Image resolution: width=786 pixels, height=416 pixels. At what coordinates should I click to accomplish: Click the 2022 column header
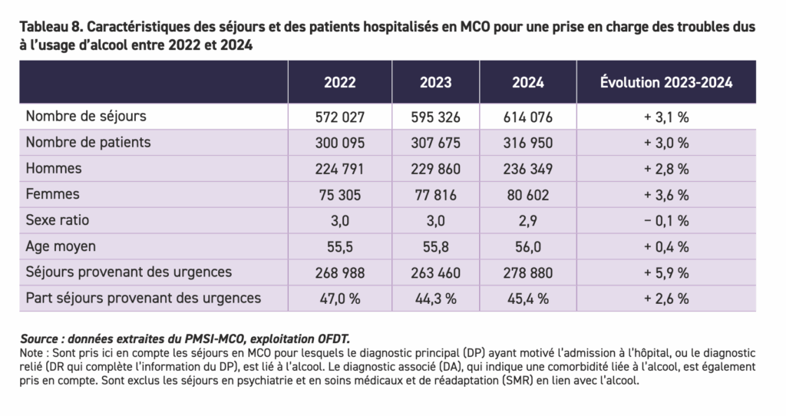click(339, 83)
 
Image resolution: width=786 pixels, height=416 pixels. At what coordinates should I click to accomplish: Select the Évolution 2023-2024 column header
click(665, 83)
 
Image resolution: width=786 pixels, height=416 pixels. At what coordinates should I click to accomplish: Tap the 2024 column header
click(528, 83)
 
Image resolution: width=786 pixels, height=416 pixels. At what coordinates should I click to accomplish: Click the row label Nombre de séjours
click(86, 117)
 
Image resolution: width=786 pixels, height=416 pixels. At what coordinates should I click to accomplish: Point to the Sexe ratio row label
click(58, 220)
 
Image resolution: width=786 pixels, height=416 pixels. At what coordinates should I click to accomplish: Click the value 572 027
click(339, 117)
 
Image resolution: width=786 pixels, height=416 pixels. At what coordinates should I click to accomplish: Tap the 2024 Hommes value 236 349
click(528, 169)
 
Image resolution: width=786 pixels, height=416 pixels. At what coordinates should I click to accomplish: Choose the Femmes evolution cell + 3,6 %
click(665, 195)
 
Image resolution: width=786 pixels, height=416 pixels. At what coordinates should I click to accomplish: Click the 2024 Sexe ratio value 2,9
click(528, 220)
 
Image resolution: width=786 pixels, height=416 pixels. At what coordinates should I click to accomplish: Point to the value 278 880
click(528, 272)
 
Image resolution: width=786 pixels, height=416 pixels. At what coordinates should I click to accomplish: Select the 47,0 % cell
click(339, 299)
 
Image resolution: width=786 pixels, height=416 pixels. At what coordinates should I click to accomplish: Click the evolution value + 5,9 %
click(665, 272)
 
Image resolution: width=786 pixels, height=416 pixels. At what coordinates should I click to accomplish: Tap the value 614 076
click(528, 117)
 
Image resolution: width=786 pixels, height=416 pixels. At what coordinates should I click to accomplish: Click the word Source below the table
click(39, 338)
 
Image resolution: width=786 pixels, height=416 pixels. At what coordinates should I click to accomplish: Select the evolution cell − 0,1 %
click(665, 220)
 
